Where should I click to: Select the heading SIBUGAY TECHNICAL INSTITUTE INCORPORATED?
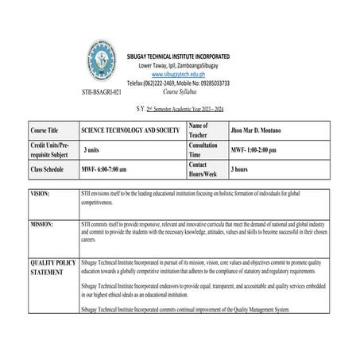[x=180, y=56]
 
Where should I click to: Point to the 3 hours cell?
[x=242, y=169]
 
